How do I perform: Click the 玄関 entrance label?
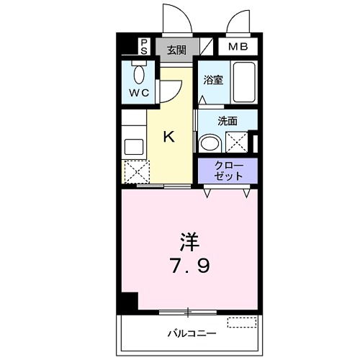tap(176, 50)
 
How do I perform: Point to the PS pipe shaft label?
tap(144, 48)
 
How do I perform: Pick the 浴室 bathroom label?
tap(213, 81)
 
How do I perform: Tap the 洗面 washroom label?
tap(228, 121)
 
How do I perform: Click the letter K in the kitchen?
tap(169, 135)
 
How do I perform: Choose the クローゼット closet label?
tap(228, 171)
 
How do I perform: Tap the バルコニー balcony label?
tap(188, 333)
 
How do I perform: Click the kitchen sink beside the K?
tap(135, 145)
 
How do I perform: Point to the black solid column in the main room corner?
tap(129, 303)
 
